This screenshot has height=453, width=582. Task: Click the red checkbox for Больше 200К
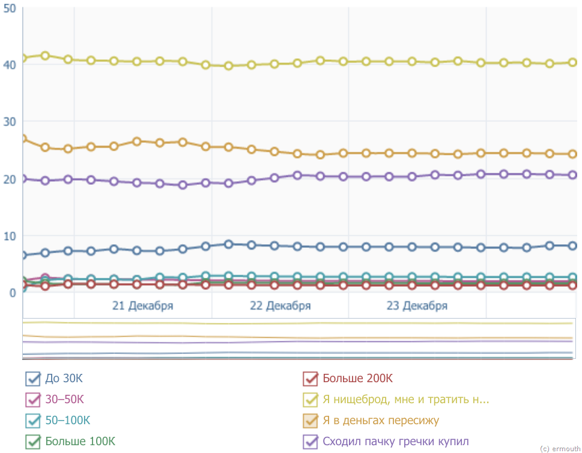point(311,379)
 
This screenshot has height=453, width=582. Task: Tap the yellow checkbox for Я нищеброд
point(311,400)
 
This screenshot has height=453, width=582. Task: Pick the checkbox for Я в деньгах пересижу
point(311,421)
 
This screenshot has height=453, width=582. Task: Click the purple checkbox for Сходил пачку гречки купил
point(311,442)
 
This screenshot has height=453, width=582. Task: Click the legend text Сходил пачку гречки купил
point(395,442)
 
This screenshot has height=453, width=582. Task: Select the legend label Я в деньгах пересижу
point(381,420)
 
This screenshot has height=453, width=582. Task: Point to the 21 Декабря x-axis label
point(142,306)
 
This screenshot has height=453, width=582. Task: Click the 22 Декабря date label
point(280,306)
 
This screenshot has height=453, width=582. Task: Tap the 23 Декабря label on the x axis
point(417,306)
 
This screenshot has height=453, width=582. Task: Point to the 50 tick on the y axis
point(9,10)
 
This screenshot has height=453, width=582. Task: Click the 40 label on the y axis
point(9,64)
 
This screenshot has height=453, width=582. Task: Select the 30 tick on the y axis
point(9,122)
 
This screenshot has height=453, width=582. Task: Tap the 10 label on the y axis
point(9,236)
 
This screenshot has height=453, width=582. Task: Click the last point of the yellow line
point(572,62)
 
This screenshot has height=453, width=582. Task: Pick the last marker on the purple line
point(572,175)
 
